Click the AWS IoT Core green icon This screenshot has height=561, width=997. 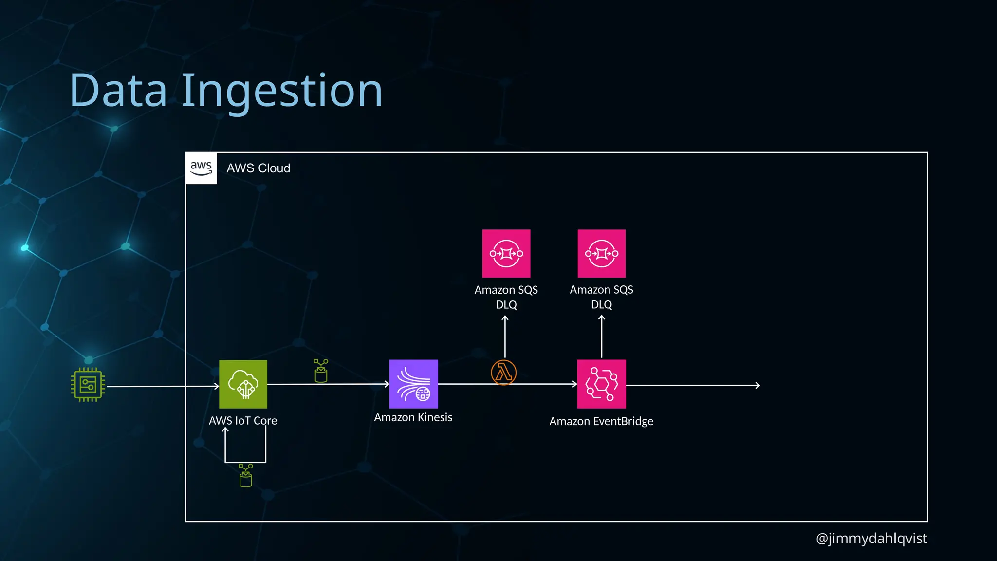coord(243,384)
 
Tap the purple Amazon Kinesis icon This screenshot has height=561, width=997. coord(413,384)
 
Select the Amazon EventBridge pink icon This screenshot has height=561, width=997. coord(601,384)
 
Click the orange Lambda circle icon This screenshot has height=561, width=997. coord(503,373)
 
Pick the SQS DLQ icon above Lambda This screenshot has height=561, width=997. coord(506,253)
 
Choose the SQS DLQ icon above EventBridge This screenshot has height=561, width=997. coord(601,253)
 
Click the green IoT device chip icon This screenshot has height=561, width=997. coord(88,385)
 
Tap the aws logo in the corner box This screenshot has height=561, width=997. coord(201,168)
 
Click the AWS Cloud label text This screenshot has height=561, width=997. coord(258,168)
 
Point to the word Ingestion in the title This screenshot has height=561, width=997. coord(282,91)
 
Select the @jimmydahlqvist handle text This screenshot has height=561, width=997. coord(871,538)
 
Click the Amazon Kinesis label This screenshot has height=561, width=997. coord(413,417)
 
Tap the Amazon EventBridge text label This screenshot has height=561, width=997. coord(601,421)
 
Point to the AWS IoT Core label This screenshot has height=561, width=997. coord(243,421)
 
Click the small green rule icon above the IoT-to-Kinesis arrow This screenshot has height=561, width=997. coord(321,371)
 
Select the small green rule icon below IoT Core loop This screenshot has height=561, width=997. coord(246,475)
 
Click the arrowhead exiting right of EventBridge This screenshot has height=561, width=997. coord(758,385)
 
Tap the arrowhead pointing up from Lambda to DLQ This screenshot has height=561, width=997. coord(505,318)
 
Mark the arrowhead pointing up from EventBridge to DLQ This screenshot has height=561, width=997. coord(602,318)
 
